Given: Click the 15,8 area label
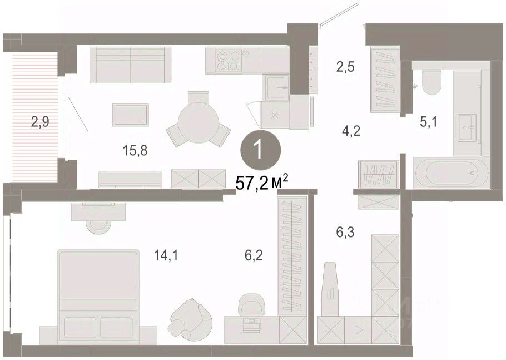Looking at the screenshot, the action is [135, 150].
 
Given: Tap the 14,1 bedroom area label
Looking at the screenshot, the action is [166, 256].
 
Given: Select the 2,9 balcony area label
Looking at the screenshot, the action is [40, 122].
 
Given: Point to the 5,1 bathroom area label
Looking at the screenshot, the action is [429, 122].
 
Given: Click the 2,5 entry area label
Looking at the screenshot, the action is [345, 67].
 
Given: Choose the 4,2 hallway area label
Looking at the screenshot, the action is [351, 131].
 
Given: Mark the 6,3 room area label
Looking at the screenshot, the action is [345, 232].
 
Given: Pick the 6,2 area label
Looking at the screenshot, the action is [254, 255].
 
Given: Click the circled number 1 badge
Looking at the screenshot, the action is [260, 150].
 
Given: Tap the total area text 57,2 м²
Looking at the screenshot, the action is [261, 184].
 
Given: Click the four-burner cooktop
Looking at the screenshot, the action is [229, 61].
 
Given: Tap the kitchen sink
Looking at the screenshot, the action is [276, 87].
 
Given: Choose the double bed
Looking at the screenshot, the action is [98, 297].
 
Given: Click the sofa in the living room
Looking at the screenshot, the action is [130, 65].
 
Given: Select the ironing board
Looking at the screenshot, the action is [330, 289].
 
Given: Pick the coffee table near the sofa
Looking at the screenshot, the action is [131, 115].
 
